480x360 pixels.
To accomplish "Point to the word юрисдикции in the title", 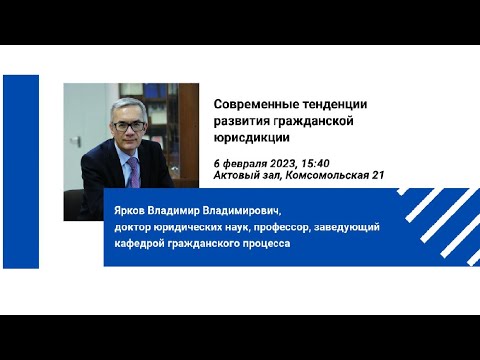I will tap(252, 139).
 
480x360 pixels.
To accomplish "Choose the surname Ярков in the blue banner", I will tap(134, 211).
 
